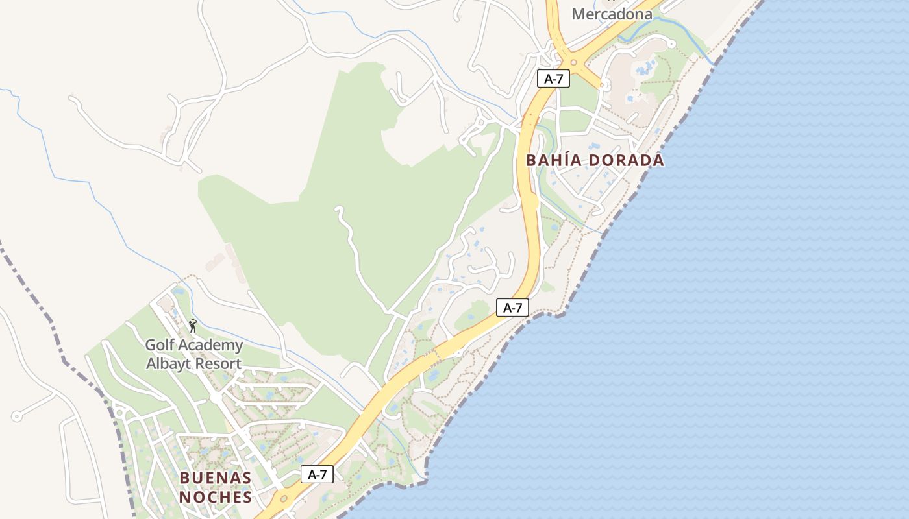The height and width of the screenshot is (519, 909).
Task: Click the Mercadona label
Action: pos(612,14)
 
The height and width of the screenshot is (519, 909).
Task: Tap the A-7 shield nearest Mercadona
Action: pos(553,79)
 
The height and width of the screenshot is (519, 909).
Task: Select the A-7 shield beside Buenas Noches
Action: pos(317,474)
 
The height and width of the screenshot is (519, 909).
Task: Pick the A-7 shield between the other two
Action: pos(512,308)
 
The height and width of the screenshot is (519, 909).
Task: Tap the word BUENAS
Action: pos(215,478)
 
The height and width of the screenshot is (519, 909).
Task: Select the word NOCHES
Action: pos(215,498)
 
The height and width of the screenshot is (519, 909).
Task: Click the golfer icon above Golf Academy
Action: pos(192,326)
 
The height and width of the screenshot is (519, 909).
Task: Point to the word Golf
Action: pos(159,345)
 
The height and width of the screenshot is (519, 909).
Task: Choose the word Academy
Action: pos(210,345)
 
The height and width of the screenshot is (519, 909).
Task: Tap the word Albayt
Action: pos(168,364)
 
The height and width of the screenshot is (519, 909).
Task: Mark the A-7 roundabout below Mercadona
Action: pos(573,62)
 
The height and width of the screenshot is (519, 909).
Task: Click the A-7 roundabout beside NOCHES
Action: pos(283,498)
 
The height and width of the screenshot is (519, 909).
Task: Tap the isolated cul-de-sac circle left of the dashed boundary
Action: pos(16,416)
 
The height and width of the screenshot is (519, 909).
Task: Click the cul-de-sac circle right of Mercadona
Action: pos(671,44)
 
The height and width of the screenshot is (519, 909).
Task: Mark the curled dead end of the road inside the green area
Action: pos(338,210)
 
